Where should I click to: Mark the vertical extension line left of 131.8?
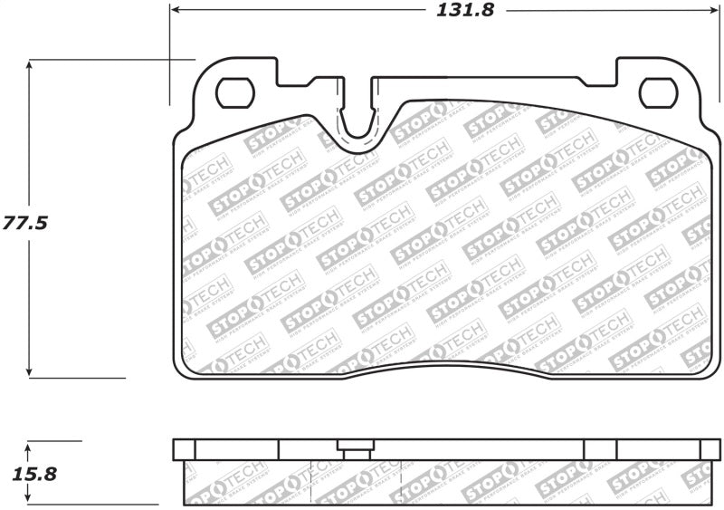pyautogui.click(x=169, y=54)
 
